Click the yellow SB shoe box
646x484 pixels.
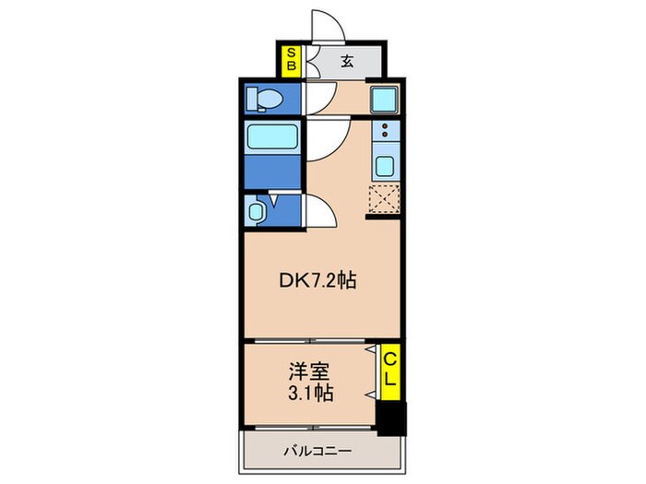pos(290,60)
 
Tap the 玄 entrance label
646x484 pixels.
pos(346,62)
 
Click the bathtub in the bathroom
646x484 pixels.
pos(273,137)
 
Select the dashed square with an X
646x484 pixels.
pos(382,199)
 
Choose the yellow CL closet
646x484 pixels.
pos(391,369)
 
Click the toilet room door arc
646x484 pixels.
pos(319,94)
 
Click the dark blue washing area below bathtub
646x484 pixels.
pos(273,172)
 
